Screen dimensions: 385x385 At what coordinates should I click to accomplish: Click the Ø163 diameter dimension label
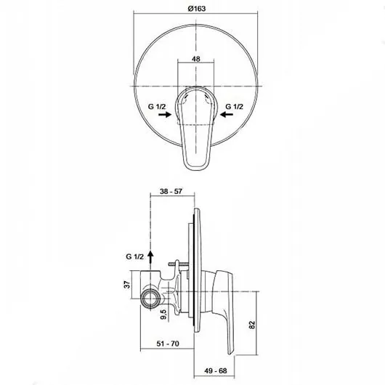pyautogui.click(x=197, y=9)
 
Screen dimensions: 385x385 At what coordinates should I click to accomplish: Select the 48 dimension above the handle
pyautogui.click(x=196, y=59)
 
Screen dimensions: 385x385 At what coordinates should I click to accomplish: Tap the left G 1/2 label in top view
pyautogui.click(x=157, y=107)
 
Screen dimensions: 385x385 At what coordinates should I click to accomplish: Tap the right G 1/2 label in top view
pyautogui.click(x=234, y=107)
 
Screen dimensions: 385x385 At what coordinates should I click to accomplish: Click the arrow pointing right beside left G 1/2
pyautogui.click(x=165, y=115)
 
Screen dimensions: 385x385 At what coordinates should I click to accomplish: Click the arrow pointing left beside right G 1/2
pyautogui.click(x=227, y=115)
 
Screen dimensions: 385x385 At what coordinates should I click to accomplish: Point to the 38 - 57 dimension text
pyautogui.click(x=171, y=191)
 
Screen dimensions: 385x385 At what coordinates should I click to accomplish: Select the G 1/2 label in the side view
pyautogui.click(x=134, y=256)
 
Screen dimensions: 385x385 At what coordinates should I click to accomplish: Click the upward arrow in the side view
pyautogui.click(x=150, y=260)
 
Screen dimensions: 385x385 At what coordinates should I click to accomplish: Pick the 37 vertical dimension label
pyautogui.click(x=127, y=285)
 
